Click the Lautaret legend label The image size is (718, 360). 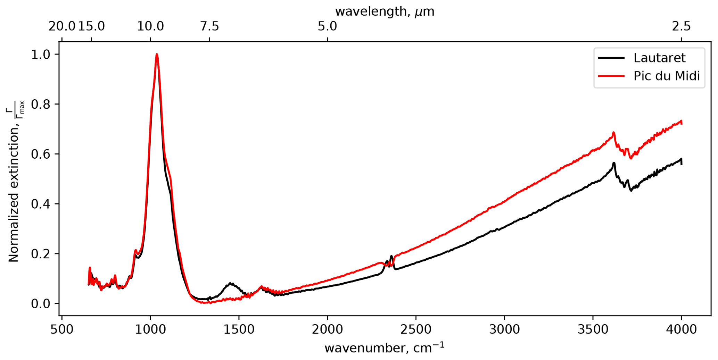(659, 58)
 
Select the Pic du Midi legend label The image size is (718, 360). (666, 76)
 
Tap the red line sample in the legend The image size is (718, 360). (611, 76)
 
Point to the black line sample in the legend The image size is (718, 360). (611, 58)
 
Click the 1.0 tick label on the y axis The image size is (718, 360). (41, 55)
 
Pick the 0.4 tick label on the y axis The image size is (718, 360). (41, 204)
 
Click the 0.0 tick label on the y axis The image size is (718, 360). (41, 304)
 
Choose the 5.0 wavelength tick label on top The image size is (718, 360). (327, 26)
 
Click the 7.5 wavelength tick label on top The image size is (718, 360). (209, 26)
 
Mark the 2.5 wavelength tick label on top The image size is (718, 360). (681, 26)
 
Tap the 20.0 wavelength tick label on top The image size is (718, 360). (62, 26)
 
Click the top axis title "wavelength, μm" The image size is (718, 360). (385, 11)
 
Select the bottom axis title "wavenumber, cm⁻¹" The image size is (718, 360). (385, 348)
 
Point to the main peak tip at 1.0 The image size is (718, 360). (157, 55)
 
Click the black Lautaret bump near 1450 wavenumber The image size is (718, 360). (230, 284)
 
